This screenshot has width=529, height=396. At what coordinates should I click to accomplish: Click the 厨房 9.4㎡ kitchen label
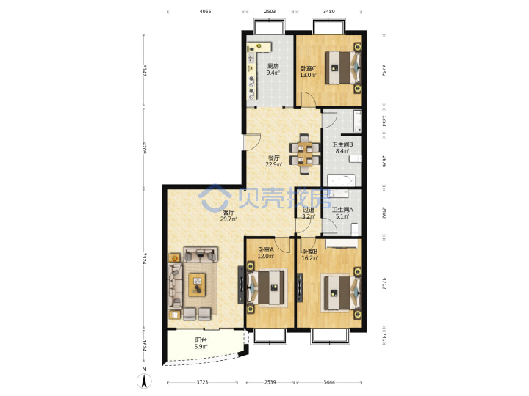tap(273, 70)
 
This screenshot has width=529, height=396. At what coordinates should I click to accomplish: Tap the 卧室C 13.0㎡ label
tap(308, 72)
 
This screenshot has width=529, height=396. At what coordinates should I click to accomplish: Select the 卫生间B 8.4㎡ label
tap(342, 148)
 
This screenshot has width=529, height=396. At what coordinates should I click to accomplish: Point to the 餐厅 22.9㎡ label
tap(273, 161)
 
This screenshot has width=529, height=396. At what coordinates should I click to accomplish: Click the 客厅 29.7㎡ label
tap(228, 216)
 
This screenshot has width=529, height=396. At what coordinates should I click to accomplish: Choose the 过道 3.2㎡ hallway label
tap(309, 213)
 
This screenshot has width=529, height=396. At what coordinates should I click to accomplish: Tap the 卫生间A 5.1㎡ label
tap(342, 213)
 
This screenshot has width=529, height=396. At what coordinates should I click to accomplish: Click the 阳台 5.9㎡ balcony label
tap(201, 343)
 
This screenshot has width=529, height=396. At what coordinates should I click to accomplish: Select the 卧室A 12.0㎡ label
tap(266, 253)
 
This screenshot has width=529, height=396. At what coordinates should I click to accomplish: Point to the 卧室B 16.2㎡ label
tap(310, 255)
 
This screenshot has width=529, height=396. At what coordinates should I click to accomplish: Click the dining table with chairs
tap(305, 155)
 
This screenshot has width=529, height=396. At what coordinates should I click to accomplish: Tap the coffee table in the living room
tap(197, 285)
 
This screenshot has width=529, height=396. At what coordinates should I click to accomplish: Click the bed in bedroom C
tap(343, 67)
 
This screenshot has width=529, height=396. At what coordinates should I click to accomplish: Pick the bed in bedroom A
tap(266, 287)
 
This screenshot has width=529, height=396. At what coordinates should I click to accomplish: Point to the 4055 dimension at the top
tap(205, 12)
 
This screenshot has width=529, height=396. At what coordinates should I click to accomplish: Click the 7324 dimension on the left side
tap(145, 258)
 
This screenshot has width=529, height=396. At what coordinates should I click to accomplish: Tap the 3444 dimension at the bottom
tap(329, 382)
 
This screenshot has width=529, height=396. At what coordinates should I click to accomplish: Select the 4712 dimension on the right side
tap(384, 283)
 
